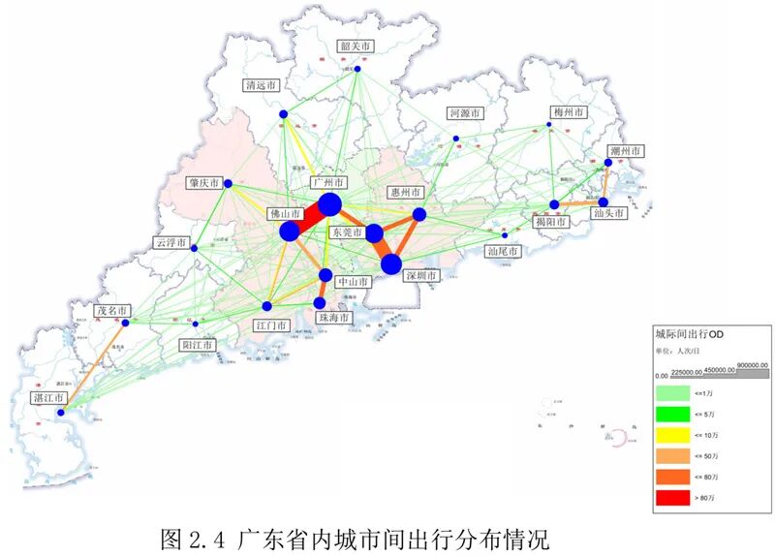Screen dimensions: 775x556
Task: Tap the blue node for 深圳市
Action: [x=391, y=264]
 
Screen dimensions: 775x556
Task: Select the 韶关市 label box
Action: [x=356, y=46]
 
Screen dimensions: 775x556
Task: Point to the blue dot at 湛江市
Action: [x=60, y=414]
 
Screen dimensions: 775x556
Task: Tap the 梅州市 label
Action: [x=568, y=113]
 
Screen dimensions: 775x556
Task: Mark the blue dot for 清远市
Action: [x=284, y=114]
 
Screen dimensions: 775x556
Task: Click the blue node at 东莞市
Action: [x=374, y=232]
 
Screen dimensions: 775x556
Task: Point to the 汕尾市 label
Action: [x=503, y=252]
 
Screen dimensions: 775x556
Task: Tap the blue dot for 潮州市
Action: [x=608, y=163]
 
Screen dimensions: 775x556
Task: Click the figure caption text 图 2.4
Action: [x=184, y=537]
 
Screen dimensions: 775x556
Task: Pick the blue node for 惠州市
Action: [x=419, y=214]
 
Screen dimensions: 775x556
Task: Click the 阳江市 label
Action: [x=199, y=344]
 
